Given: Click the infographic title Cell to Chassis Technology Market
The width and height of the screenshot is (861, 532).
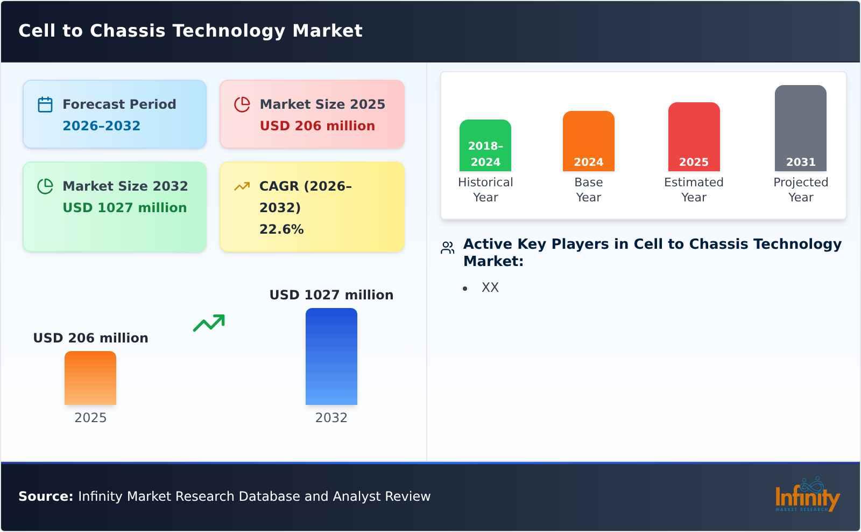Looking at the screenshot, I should click(x=190, y=31).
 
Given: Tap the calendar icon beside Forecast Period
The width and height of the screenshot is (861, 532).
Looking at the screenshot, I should click(x=45, y=104).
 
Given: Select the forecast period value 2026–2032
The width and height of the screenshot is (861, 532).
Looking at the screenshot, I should click(x=101, y=126).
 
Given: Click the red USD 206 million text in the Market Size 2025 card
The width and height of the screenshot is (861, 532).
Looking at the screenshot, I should click(x=317, y=126).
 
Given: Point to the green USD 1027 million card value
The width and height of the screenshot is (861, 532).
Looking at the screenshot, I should click(x=124, y=208).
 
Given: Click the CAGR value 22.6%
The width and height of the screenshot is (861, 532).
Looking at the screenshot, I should click(x=281, y=229).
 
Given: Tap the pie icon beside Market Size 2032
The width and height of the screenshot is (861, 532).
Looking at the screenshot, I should click(x=45, y=186).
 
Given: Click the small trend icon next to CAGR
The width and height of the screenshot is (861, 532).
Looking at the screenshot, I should click(x=242, y=186).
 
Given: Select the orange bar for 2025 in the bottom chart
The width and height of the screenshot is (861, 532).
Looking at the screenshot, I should click(x=90, y=378).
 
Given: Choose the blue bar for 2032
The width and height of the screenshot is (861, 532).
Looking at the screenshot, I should click(x=331, y=356).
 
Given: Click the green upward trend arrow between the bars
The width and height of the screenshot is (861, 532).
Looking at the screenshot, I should click(x=209, y=323).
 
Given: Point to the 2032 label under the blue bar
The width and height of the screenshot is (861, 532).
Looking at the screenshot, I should click(x=331, y=418).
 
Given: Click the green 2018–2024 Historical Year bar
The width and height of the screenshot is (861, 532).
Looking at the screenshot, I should click(x=485, y=145).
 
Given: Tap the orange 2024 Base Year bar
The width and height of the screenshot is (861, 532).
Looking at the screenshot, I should click(x=588, y=141).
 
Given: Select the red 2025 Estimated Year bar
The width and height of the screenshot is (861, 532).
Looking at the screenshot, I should click(x=694, y=137).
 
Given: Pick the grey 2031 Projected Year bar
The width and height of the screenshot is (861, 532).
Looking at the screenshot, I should click(x=800, y=128).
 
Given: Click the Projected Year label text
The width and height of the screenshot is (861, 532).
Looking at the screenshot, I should click(x=800, y=190).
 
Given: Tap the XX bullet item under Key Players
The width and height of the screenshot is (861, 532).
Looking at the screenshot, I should click(x=490, y=288).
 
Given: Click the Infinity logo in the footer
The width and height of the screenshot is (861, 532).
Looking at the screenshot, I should click(x=807, y=495).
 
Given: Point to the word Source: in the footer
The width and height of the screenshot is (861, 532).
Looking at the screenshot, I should click(x=46, y=496).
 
